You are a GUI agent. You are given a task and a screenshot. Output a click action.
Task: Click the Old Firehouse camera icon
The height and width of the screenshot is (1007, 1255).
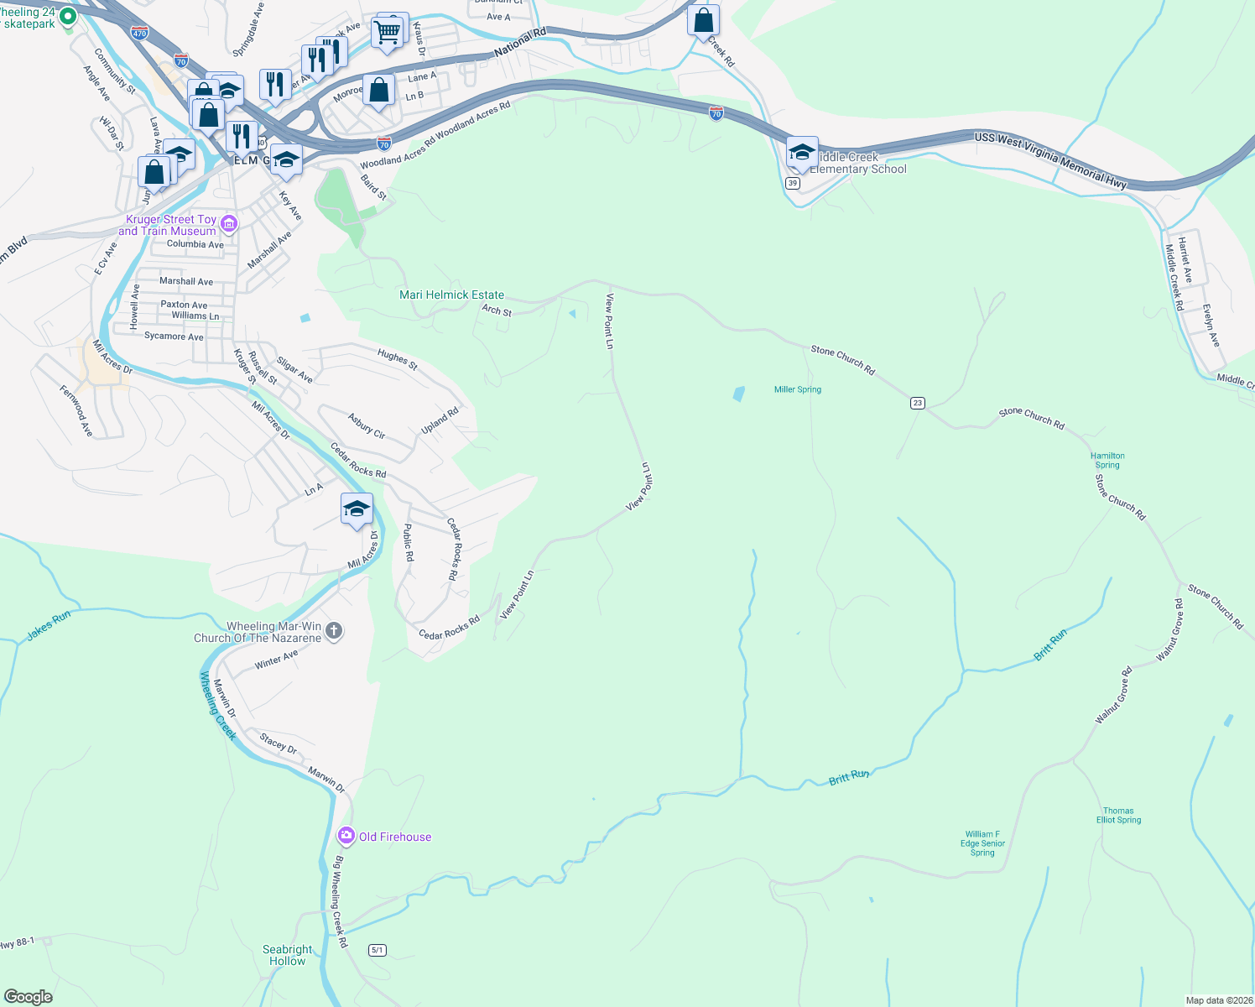pos(346,836)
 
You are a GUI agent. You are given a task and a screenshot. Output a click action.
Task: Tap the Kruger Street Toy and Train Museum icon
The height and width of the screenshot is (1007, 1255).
pos(229,224)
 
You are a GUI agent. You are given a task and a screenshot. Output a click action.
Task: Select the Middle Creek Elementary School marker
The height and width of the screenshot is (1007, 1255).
pos(802,153)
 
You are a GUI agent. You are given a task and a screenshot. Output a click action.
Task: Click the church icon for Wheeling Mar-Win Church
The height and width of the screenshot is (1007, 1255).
pos(334,631)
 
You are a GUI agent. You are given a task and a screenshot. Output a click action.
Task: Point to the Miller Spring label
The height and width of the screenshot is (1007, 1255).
pos(797,389)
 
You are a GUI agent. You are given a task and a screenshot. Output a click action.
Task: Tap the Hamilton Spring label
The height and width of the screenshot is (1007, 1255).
pos(1107,461)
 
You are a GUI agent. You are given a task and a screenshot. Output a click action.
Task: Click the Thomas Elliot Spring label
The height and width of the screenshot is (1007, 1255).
pos(1118,816)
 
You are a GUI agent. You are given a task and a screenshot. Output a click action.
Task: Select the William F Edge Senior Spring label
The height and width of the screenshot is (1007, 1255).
pos(982,843)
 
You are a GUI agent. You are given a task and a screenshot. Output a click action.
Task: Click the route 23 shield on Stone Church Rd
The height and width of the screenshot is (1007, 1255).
pos(918,403)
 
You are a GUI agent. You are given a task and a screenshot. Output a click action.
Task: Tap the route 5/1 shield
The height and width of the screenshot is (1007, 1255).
pos(377,950)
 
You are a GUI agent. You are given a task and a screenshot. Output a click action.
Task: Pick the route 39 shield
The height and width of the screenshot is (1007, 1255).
pos(793,183)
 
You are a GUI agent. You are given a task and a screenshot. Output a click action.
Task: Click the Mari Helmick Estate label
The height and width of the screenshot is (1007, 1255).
pos(451,295)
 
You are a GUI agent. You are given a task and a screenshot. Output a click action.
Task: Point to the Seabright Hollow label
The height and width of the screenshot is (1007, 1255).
pos(287,955)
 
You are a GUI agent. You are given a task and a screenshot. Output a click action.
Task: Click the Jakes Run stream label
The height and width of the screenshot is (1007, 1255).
pos(49,626)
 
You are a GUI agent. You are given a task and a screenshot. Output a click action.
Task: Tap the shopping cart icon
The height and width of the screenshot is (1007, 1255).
pos(387,33)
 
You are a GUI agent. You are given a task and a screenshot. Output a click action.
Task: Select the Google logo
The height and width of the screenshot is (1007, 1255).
pos(29,996)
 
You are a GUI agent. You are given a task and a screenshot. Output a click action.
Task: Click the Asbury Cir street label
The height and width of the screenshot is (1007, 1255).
pos(367,426)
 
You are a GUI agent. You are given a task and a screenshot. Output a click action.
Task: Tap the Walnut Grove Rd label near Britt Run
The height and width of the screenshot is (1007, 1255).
pos(1114,696)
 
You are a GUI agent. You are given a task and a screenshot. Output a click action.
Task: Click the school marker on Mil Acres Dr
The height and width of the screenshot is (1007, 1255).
pos(357,509)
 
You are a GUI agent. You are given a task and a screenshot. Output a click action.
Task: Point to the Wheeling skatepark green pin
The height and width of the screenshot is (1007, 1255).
pos(68,16)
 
